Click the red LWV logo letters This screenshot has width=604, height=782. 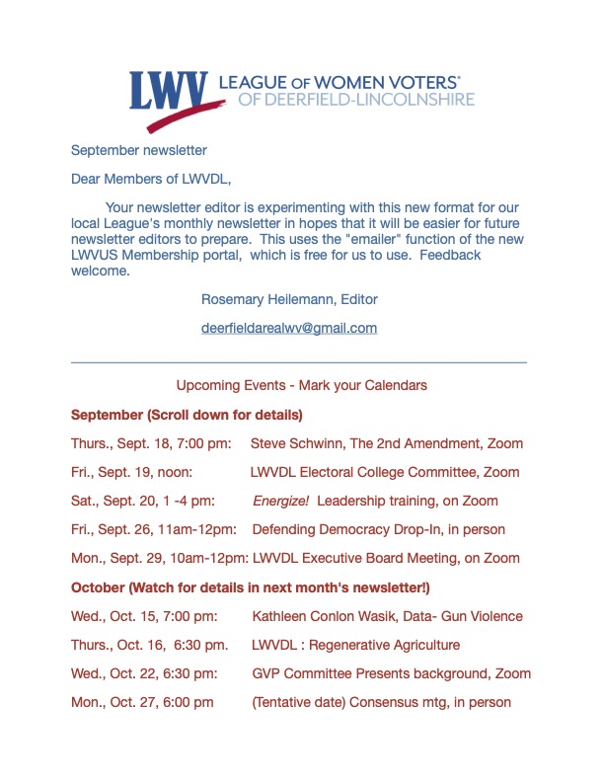pyautogui.click(x=167, y=90)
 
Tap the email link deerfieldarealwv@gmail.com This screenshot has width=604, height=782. pyautogui.click(x=289, y=328)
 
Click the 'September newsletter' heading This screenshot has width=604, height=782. pyautogui.click(x=139, y=151)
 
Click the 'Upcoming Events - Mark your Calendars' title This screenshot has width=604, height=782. pyautogui.click(x=301, y=385)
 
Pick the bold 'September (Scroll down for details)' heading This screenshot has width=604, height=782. pyautogui.click(x=187, y=414)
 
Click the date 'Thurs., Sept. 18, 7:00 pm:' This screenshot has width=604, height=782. pyautogui.click(x=151, y=443)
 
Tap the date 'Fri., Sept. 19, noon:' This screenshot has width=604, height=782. pyautogui.click(x=137, y=472)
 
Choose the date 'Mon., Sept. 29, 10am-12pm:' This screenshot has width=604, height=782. pyautogui.click(x=159, y=558)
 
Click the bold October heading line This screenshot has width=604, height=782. pyautogui.click(x=251, y=587)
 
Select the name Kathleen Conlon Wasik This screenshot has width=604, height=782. pyautogui.click(x=339, y=616)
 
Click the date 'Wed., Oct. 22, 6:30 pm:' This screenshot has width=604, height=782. pyautogui.click(x=144, y=673)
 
